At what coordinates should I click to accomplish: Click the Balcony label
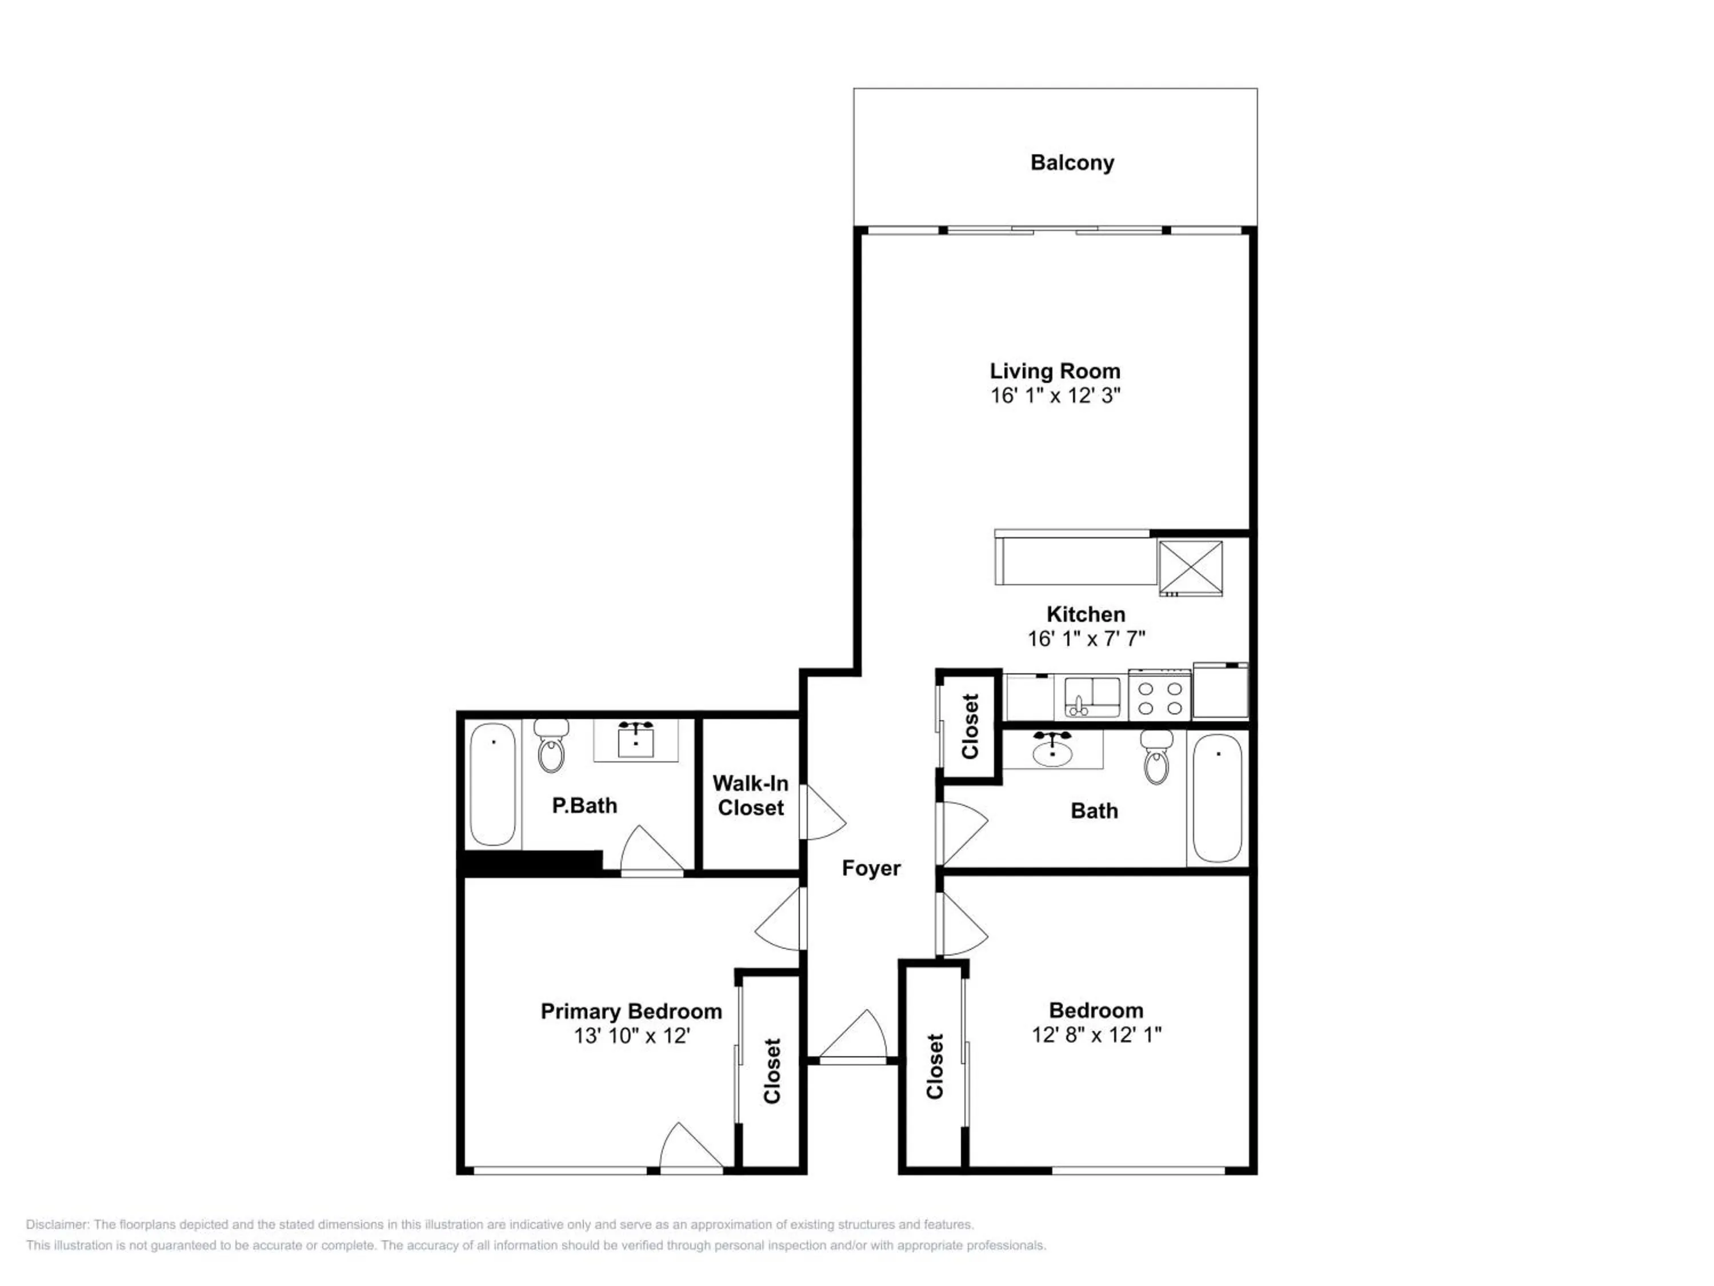(x=1072, y=163)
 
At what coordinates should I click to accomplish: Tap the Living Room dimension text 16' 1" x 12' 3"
(x=1055, y=396)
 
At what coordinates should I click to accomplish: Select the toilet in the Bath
(x=1156, y=759)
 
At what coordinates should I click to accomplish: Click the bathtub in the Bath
(x=1218, y=798)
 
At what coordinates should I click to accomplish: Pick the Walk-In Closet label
(x=750, y=796)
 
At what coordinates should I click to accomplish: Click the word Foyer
(x=871, y=868)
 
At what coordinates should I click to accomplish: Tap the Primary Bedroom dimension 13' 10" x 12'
(x=631, y=1036)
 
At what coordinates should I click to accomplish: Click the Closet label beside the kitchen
(x=970, y=726)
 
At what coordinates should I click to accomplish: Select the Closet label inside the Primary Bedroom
(x=772, y=1071)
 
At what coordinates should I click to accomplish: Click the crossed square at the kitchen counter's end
(x=1190, y=568)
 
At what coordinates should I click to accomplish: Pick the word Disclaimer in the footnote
(x=57, y=1225)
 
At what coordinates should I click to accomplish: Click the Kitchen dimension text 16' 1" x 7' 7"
(x=1086, y=639)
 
